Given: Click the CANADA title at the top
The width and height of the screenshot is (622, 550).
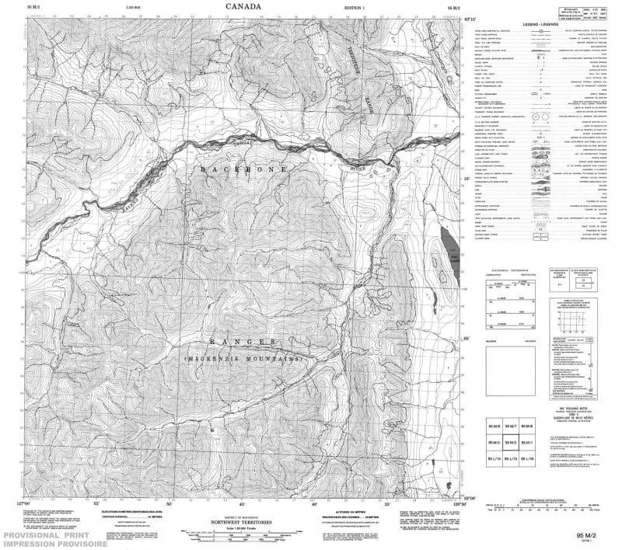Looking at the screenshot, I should click(x=243, y=6).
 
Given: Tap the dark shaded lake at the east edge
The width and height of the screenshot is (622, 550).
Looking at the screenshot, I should click(x=449, y=242).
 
